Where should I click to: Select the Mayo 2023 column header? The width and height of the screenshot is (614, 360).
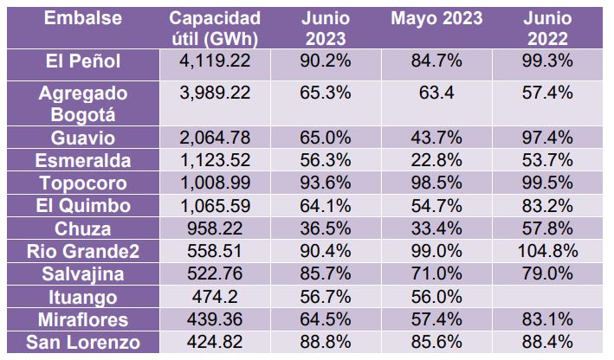437,18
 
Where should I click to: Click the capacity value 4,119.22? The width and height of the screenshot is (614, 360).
215,61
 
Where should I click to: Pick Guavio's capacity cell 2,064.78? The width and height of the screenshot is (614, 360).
215,138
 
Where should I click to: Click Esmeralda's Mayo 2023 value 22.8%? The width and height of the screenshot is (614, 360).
437,161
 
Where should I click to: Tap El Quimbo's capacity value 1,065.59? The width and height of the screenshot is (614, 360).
215,207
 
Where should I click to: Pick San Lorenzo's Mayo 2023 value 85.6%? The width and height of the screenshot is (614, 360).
437,343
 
